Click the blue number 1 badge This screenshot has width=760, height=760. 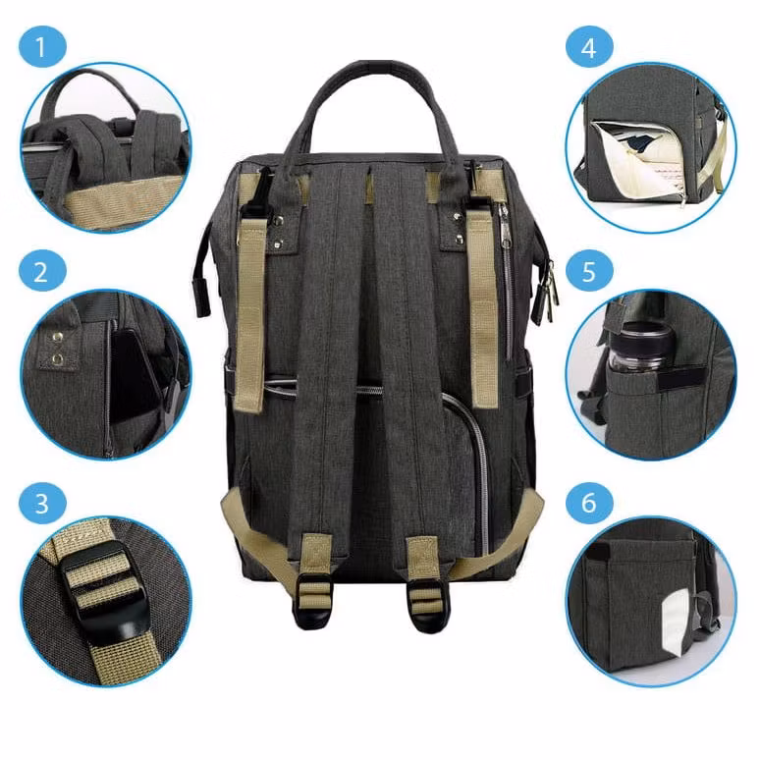[x=42, y=47]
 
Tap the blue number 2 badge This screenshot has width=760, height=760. [x=42, y=270]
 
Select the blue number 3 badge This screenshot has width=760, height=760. [x=42, y=503]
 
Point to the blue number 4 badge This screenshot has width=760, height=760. [x=589, y=47]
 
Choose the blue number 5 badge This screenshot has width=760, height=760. [x=589, y=270]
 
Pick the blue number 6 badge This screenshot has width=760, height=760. [x=589, y=503]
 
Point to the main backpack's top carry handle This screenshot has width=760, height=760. [x=371, y=102]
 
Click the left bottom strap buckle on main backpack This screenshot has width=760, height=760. [x=313, y=601]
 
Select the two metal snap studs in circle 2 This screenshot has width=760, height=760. [x=58, y=348]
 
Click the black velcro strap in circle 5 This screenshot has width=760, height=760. [x=681, y=380]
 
